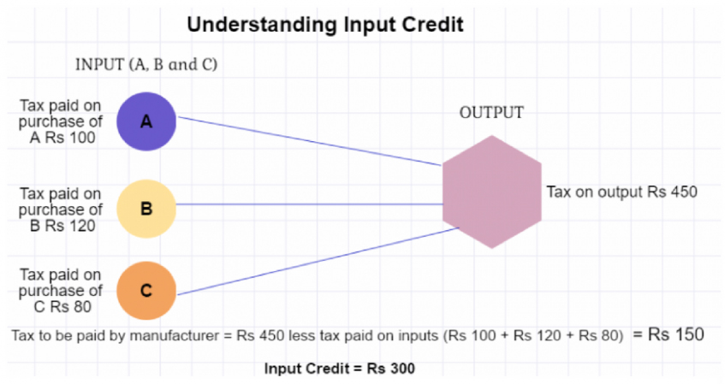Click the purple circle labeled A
146,121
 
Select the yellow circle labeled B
146,209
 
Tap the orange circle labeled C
146,291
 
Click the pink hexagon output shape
492,192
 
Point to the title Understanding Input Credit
325,24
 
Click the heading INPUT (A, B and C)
146,64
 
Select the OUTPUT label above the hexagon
491,112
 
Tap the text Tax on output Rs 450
622,192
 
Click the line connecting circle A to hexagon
310,141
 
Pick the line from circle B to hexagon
309,204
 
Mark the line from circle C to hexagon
318,261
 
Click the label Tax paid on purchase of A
61,121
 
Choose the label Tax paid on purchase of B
61,210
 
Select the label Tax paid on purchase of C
61,291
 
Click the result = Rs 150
669,334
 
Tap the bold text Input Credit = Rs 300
340,369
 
